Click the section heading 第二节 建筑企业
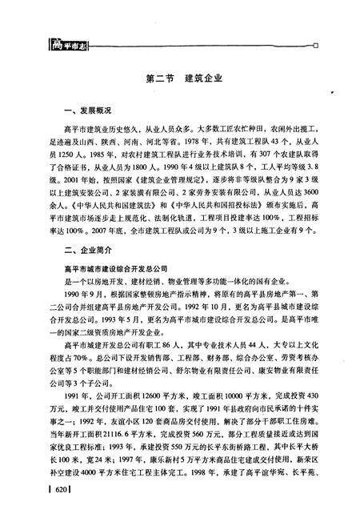pyautogui.click(x=184, y=80)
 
